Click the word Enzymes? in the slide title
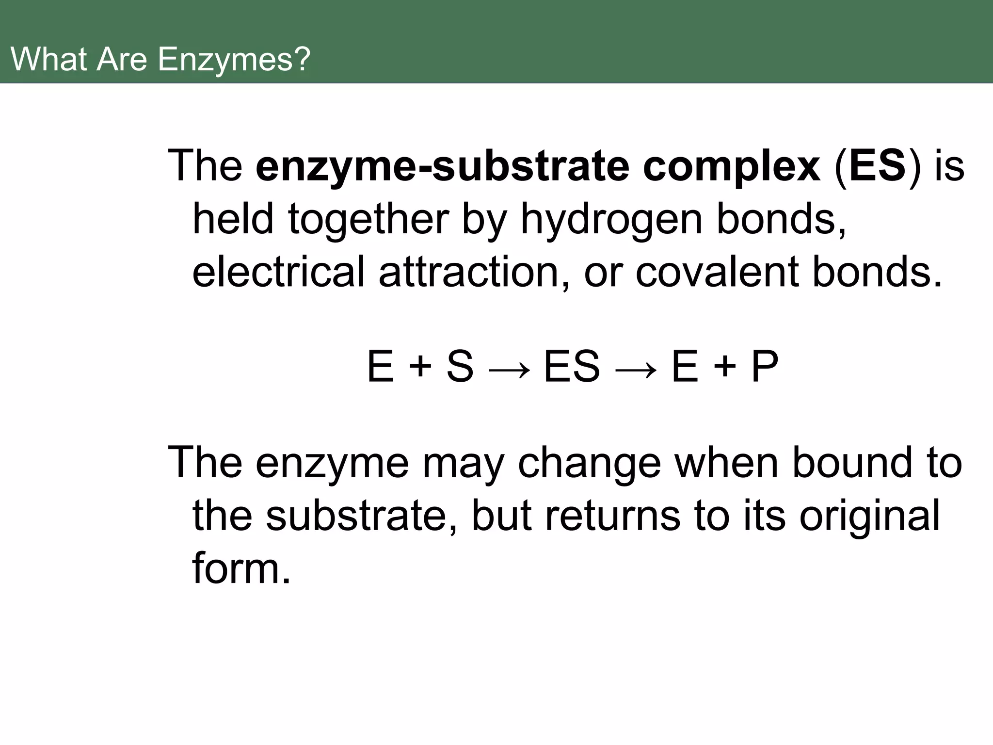point(234,60)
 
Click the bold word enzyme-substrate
point(442,166)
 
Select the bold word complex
point(732,166)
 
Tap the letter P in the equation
point(765,367)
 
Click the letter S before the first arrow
point(459,367)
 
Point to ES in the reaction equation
point(572,367)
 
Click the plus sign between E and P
point(725,367)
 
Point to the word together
point(368,219)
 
